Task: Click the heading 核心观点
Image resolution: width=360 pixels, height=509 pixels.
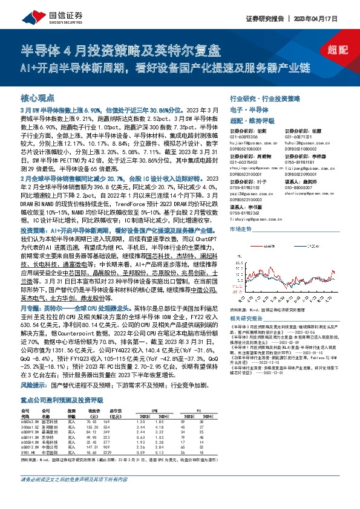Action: click(38, 97)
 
